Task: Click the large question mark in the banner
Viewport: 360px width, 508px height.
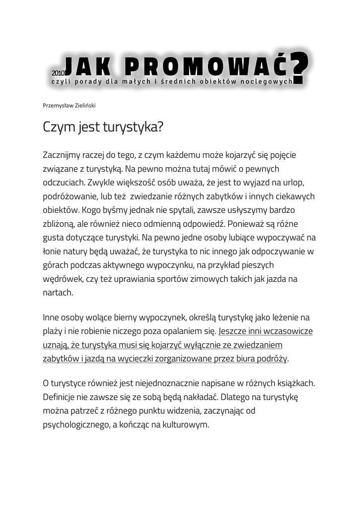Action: point(300,69)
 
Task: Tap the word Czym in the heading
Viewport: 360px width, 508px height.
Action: point(59,127)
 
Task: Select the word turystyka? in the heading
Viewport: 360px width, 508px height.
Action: point(133,127)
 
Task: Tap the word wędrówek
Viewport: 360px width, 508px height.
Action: point(63,279)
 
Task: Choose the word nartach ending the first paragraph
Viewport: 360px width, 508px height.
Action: point(58,292)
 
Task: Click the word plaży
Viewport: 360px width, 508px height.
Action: point(53,331)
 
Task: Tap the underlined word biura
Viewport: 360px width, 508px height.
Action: point(239,358)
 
